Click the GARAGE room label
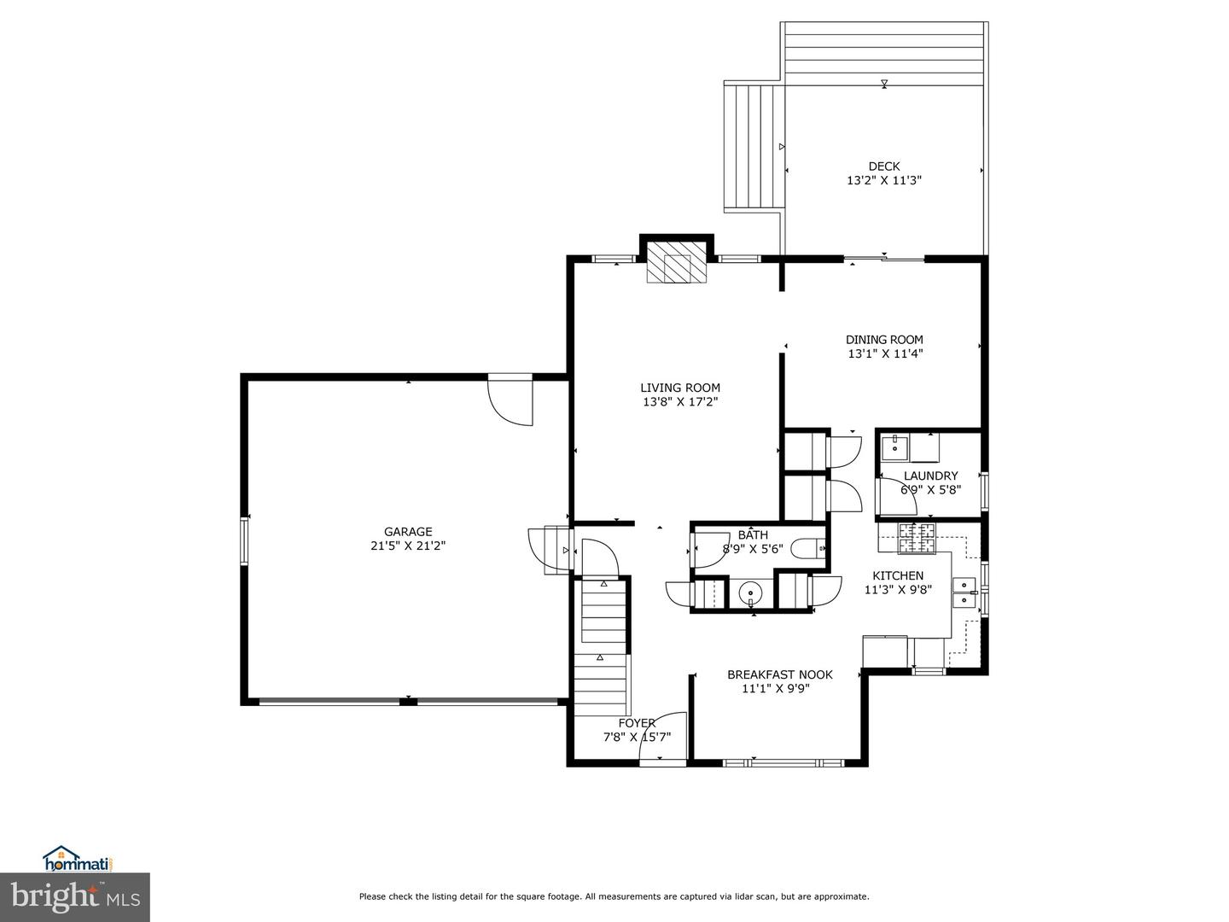[407, 531]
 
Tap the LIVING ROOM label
[680, 388]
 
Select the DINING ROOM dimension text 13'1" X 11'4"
[884, 353]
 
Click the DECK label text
[883, 166]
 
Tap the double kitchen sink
[964, 592]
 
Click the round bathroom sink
[750, 592]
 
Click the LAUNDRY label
[930, 476]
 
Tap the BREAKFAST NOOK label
[779, 674]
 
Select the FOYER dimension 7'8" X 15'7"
[637, 738]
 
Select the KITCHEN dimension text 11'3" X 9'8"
[897, 589]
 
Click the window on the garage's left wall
[244, 540]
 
